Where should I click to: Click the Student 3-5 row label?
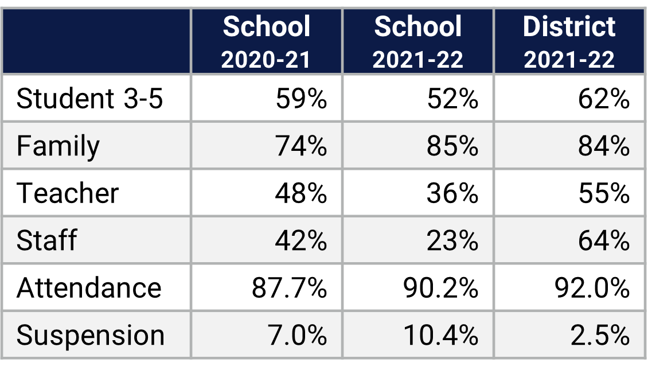click(x=90, y=99)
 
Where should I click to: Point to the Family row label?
click(x=58, y=146)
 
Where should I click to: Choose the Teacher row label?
click(x=68, y=193)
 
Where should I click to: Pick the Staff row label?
click(x=46, y=240)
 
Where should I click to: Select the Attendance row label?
click(x=89, y=287)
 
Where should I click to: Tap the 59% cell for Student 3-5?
click(x=301, y=99)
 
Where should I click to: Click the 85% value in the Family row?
click(x=452, y=146)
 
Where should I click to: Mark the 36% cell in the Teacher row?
click(x=452, y=193)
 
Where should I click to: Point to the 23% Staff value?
click(x=452, y=240)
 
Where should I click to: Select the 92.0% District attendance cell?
click(x=592, y=287)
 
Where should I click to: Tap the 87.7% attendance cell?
click(x=289, y=287)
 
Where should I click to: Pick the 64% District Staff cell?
click(x=604, y=240)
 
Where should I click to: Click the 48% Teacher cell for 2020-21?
click(x=301, y=193)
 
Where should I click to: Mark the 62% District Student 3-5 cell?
click(x=604, y=99)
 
